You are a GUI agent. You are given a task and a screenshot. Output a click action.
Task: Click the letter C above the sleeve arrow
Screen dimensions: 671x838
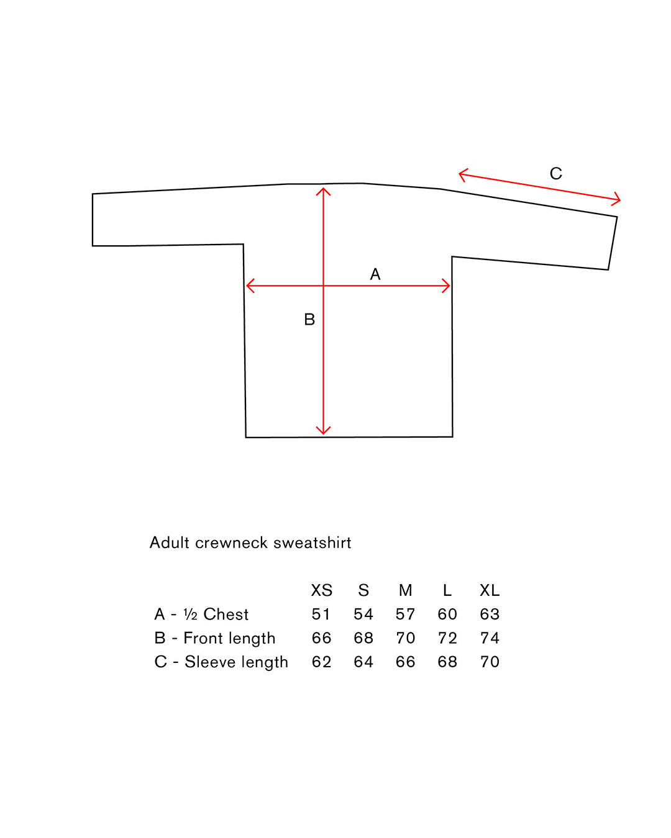pos(555,173)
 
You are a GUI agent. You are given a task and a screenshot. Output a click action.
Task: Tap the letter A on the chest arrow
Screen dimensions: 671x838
pos(375,274)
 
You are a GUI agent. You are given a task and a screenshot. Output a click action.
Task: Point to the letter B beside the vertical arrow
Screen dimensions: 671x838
pos(309,319)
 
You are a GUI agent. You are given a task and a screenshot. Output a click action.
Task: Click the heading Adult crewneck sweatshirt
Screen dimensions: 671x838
pos(250,543)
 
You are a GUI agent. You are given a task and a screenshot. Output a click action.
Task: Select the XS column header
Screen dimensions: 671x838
pos(322,590)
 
